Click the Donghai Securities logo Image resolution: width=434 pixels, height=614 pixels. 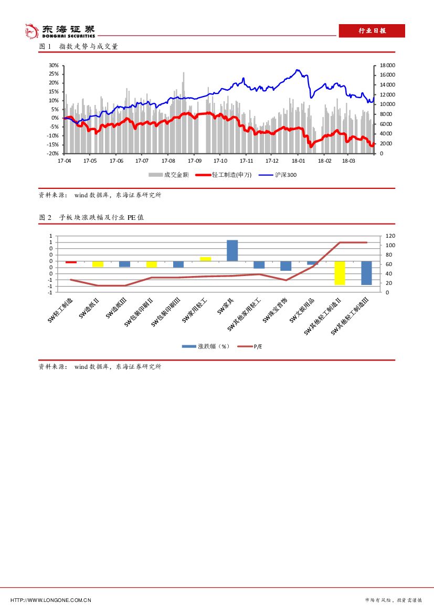tap(60, 31)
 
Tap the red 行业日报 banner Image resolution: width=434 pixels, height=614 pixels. tap(372, 31)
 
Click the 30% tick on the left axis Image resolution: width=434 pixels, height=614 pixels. tap(54, 65)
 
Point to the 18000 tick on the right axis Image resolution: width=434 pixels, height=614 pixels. tap(387, 65)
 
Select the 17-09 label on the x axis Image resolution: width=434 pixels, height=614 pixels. tap(194, 161)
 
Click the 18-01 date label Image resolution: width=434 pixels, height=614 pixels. tap(298, 161)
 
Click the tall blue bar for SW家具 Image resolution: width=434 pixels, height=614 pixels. tap(232, 250)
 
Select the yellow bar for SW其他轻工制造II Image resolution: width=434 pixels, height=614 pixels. tap(340, 273)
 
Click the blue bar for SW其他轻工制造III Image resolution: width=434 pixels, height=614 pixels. tap(366, 273)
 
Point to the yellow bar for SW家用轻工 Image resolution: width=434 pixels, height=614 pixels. tap(205, 259)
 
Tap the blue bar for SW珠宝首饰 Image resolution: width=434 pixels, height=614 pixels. tap(285, 266)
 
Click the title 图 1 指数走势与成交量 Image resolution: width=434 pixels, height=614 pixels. tap(79, 46)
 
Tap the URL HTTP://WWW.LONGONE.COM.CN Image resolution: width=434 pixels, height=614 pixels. tap(51, 600)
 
